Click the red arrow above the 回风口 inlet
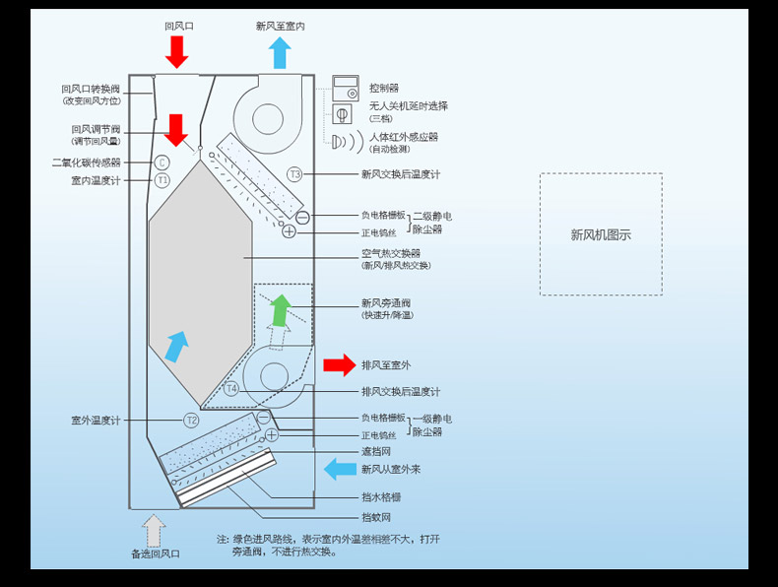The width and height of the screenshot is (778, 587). [176, 51]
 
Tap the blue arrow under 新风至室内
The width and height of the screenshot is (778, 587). [280, 52]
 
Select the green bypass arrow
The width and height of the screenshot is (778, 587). [282, 310]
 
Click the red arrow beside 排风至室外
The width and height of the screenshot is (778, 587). [340, 365]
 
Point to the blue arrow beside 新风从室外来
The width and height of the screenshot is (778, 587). [340, 469]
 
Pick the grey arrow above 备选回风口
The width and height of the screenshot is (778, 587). [154, 531]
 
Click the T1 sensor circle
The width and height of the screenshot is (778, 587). [162, 180]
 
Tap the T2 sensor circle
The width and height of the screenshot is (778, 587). [191, 421]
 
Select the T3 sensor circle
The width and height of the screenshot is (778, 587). [294, 174]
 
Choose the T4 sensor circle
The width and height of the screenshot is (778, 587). [231, 388]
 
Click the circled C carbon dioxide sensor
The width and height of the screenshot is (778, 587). [162, 163]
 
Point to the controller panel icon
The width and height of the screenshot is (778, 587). [346, 88]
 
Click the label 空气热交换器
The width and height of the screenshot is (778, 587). [391, 253]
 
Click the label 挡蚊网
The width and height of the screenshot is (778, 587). [376, 517]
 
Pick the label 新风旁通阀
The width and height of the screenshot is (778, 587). [385, 303]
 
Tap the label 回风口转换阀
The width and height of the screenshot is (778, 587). [91, 89]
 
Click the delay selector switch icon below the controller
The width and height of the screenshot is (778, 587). [342, 114]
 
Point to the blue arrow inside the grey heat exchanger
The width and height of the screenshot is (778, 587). [176, 347]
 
